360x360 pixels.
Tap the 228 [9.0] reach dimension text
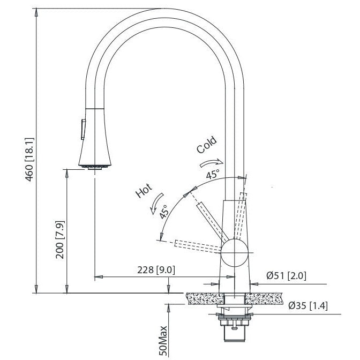[157, 269]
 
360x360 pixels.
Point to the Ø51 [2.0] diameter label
[286, 276]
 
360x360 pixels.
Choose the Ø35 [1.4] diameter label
[307, 305]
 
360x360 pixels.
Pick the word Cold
[207, 144]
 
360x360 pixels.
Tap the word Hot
[145, 191]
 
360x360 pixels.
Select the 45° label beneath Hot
[164, 211]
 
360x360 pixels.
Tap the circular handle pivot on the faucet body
[234, 253]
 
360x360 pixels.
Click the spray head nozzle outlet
[94, 166]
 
